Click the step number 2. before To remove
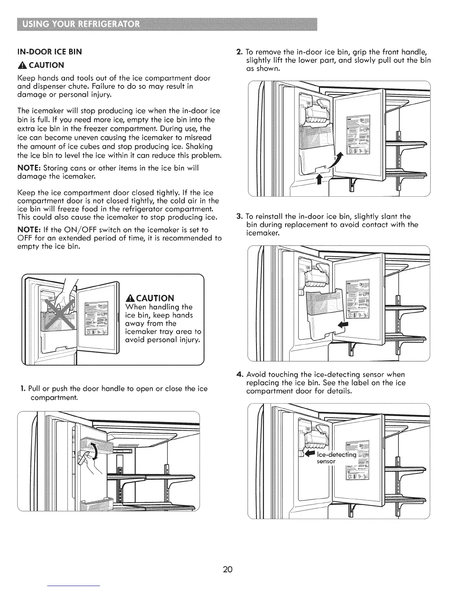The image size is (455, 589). pos(240,51)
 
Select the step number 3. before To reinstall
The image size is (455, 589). pos(240,216)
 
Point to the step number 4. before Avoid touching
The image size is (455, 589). pos(240,374)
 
